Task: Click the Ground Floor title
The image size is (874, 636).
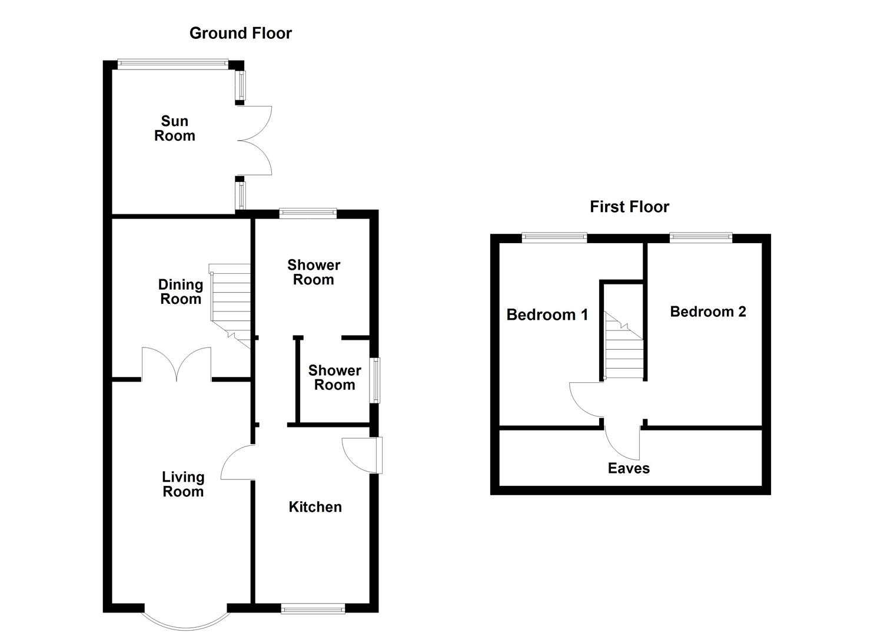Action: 240,33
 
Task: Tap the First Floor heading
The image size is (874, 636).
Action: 629,207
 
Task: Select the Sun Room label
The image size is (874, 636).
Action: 174,128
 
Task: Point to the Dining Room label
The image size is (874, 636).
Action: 181,291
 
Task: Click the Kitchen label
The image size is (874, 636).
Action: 315,507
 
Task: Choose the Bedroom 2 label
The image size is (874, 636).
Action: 707,312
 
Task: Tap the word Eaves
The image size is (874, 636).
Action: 629,468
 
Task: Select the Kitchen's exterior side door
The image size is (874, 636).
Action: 362,455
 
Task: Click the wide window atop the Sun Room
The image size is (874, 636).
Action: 172,62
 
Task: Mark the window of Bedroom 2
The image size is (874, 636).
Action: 701,237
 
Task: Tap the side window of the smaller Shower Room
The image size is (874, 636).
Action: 374,380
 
